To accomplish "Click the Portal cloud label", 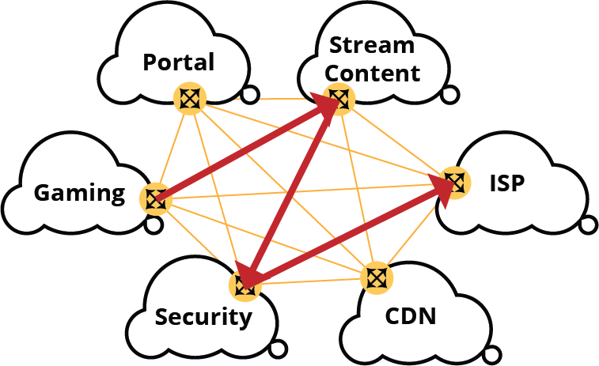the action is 178,62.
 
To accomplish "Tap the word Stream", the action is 372,45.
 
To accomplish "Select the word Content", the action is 373,73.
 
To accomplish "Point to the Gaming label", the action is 79,193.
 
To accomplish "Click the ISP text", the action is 507,183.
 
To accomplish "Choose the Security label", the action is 203,317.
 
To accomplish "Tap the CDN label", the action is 411,316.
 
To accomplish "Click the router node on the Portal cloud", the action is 190,99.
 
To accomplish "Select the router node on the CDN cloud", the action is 377,277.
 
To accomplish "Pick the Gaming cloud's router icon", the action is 156,199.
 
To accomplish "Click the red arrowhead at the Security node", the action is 245,277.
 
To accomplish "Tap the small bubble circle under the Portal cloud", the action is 250,95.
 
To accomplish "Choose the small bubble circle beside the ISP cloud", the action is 589,225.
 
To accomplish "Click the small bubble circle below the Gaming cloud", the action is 154,225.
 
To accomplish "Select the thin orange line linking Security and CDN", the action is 311,281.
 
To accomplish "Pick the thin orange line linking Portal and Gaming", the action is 172,149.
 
